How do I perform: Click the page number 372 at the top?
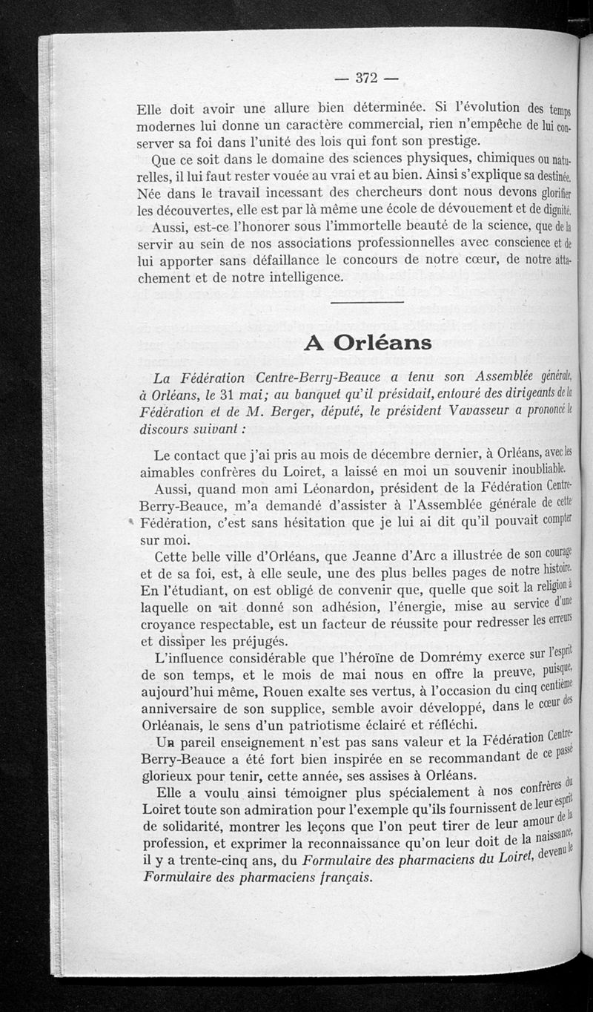click(367, 77)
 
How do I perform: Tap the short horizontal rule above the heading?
click(367, 303)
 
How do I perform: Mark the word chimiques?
click(490, 160)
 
